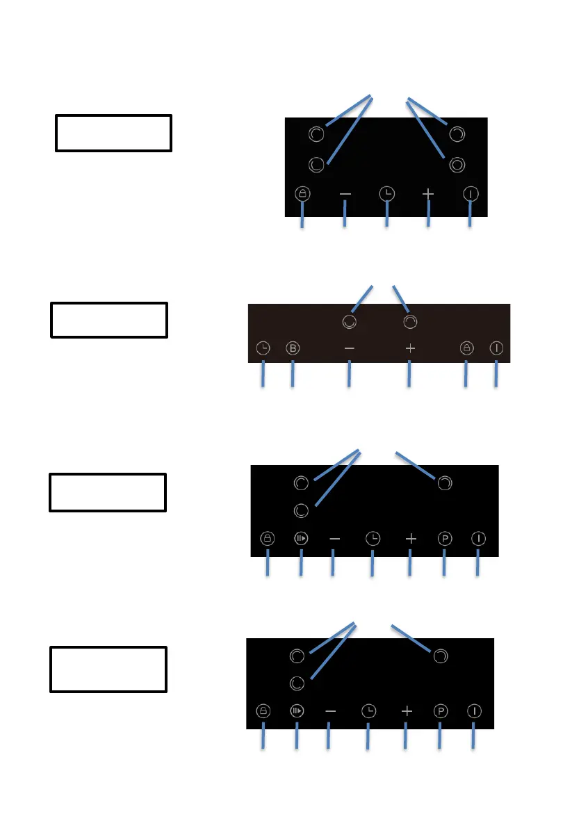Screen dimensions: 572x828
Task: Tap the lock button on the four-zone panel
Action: (302, 194)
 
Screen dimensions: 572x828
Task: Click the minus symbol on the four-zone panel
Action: (345, 195)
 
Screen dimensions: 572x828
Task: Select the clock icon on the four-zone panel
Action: (386, 195)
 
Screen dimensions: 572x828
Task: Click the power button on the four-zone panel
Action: (471, 194)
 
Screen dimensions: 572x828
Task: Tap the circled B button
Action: (293, 348)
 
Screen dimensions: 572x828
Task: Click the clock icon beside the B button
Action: (263, 348)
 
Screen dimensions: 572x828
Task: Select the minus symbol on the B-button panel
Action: (349, 348)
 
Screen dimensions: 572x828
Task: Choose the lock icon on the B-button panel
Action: (466, 348)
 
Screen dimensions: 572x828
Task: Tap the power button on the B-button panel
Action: (496, 348)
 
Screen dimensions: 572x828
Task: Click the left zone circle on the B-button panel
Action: (350, 321)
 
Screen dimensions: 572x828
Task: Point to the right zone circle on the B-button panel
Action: (411, 321)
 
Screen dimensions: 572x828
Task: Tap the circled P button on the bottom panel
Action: (440, 711)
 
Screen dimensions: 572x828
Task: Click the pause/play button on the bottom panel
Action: (297, 711)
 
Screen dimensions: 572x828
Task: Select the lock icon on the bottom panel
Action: (263, 711)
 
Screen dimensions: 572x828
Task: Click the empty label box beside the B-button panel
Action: (109, 320)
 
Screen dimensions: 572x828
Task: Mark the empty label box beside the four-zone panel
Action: (113, 133)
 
